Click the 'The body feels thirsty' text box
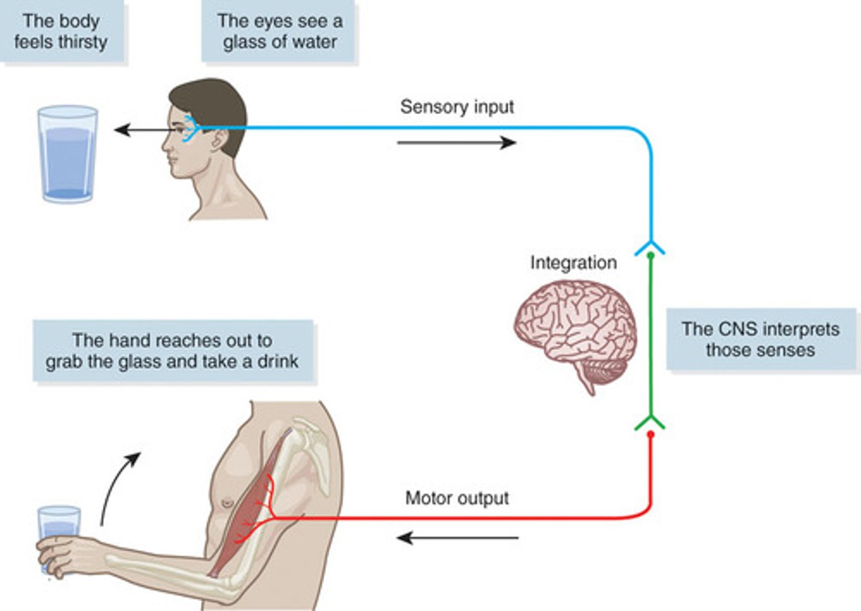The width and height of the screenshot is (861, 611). [61, 31]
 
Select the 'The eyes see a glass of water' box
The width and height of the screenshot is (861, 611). [279, 31]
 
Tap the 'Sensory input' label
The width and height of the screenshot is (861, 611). [457, 106]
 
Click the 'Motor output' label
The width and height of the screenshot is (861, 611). [457, 498]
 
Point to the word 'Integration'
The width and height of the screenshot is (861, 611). [573, 262]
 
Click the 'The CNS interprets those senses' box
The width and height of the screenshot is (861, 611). [760, 339]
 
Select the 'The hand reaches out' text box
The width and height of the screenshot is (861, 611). [172, 351]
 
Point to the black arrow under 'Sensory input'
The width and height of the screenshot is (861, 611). [457, 142]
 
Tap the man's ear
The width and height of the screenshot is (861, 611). [219, 140]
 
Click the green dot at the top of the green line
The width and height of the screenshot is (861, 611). [651, 255]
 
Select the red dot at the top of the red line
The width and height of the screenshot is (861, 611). [651, 433]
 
